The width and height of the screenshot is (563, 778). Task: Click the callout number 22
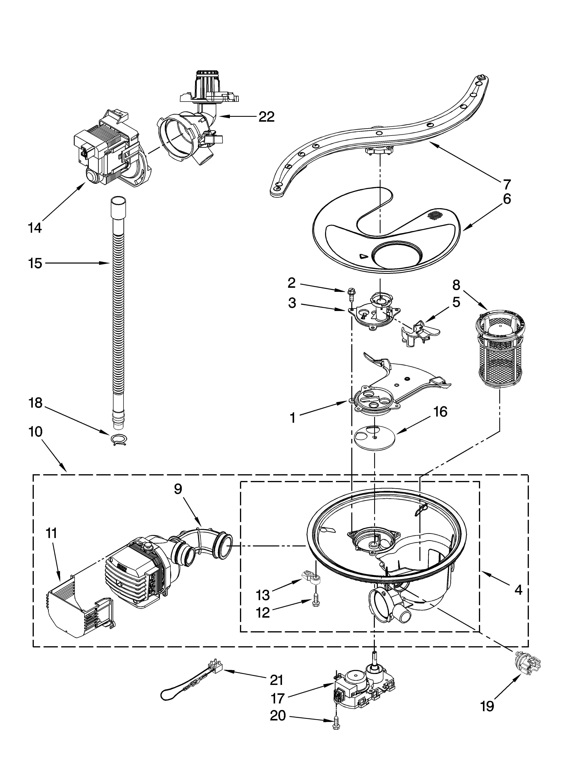(x=266, y=117)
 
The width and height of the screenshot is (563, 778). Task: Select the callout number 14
(x=35, y=228)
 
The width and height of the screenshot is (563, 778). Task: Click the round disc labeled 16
(x=374, y=436)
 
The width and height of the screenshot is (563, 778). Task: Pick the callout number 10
(x=35, y=431)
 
